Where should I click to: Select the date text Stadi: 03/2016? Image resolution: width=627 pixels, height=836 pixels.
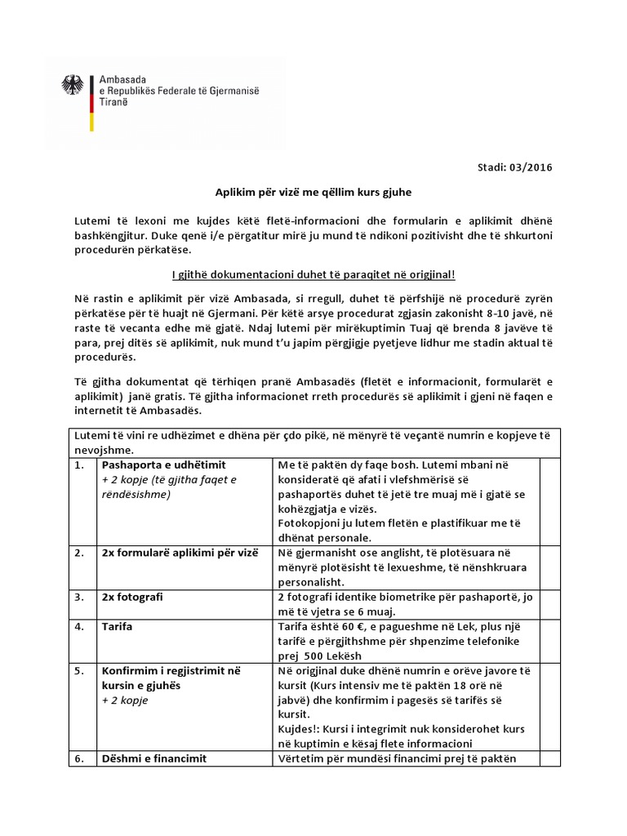[x=519, y=168]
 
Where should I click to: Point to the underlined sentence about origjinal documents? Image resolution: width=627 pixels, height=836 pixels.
[x=313, y=273]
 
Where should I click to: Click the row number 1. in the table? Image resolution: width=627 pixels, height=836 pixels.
[x=78, y=465]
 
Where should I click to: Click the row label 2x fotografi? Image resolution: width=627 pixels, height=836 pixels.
[x=132, y=597]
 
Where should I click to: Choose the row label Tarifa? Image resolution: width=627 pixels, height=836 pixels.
[x=118, y=626]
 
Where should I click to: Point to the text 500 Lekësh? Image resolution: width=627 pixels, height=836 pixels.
[x=336, y=656]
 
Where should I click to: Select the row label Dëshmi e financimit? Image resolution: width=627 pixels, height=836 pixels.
[x=153, y=758]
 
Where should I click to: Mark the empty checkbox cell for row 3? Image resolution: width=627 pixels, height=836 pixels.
[x=550, y=604]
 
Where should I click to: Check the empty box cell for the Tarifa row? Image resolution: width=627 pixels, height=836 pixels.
[x=550, y=641]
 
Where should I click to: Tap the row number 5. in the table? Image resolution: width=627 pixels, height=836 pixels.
[x=78, y=670]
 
